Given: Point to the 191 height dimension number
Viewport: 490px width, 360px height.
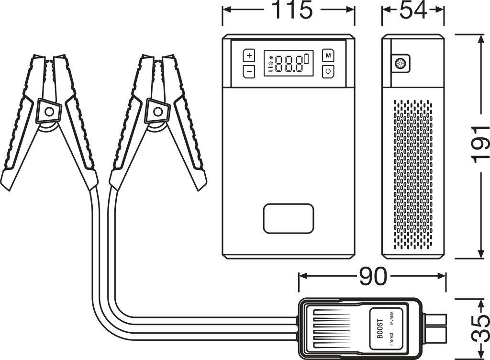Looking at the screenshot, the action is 479,145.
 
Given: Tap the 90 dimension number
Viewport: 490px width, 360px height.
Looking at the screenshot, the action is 373,276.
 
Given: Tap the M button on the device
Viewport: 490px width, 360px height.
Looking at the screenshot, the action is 328,56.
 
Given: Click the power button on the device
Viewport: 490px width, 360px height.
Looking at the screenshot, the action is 328,71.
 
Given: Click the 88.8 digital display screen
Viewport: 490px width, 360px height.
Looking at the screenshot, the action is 289,64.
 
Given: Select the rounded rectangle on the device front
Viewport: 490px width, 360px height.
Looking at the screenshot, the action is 289,218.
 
